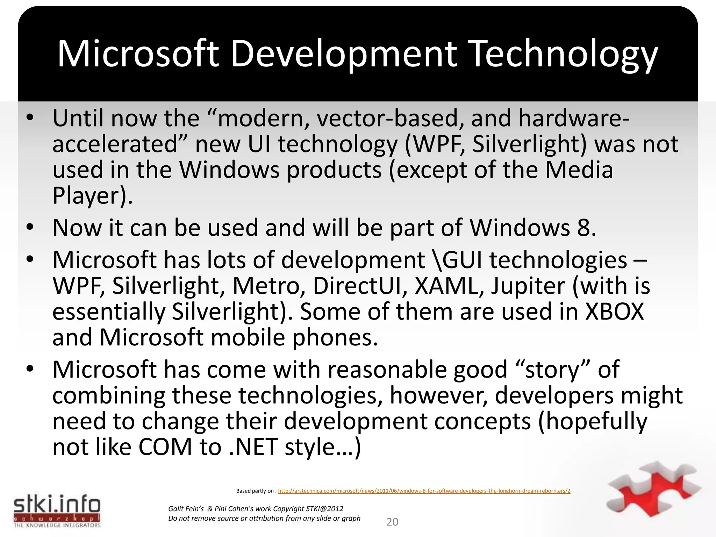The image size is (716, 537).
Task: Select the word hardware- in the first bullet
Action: point(574,118)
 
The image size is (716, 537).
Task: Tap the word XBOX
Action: point(614,312)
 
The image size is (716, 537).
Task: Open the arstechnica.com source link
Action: point(424,491)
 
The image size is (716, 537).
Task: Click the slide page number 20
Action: point(392,522)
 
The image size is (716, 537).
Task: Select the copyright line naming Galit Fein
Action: point(256,509)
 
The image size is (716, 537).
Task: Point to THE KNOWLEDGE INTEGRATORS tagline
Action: point(57,525)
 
